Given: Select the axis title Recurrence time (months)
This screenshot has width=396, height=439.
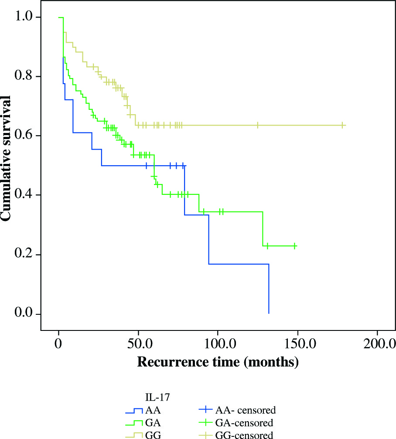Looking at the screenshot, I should (218, 362).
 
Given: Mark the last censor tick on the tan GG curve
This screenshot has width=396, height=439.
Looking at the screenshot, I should (343, 125).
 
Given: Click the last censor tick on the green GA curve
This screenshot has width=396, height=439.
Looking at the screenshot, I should (295, 246).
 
